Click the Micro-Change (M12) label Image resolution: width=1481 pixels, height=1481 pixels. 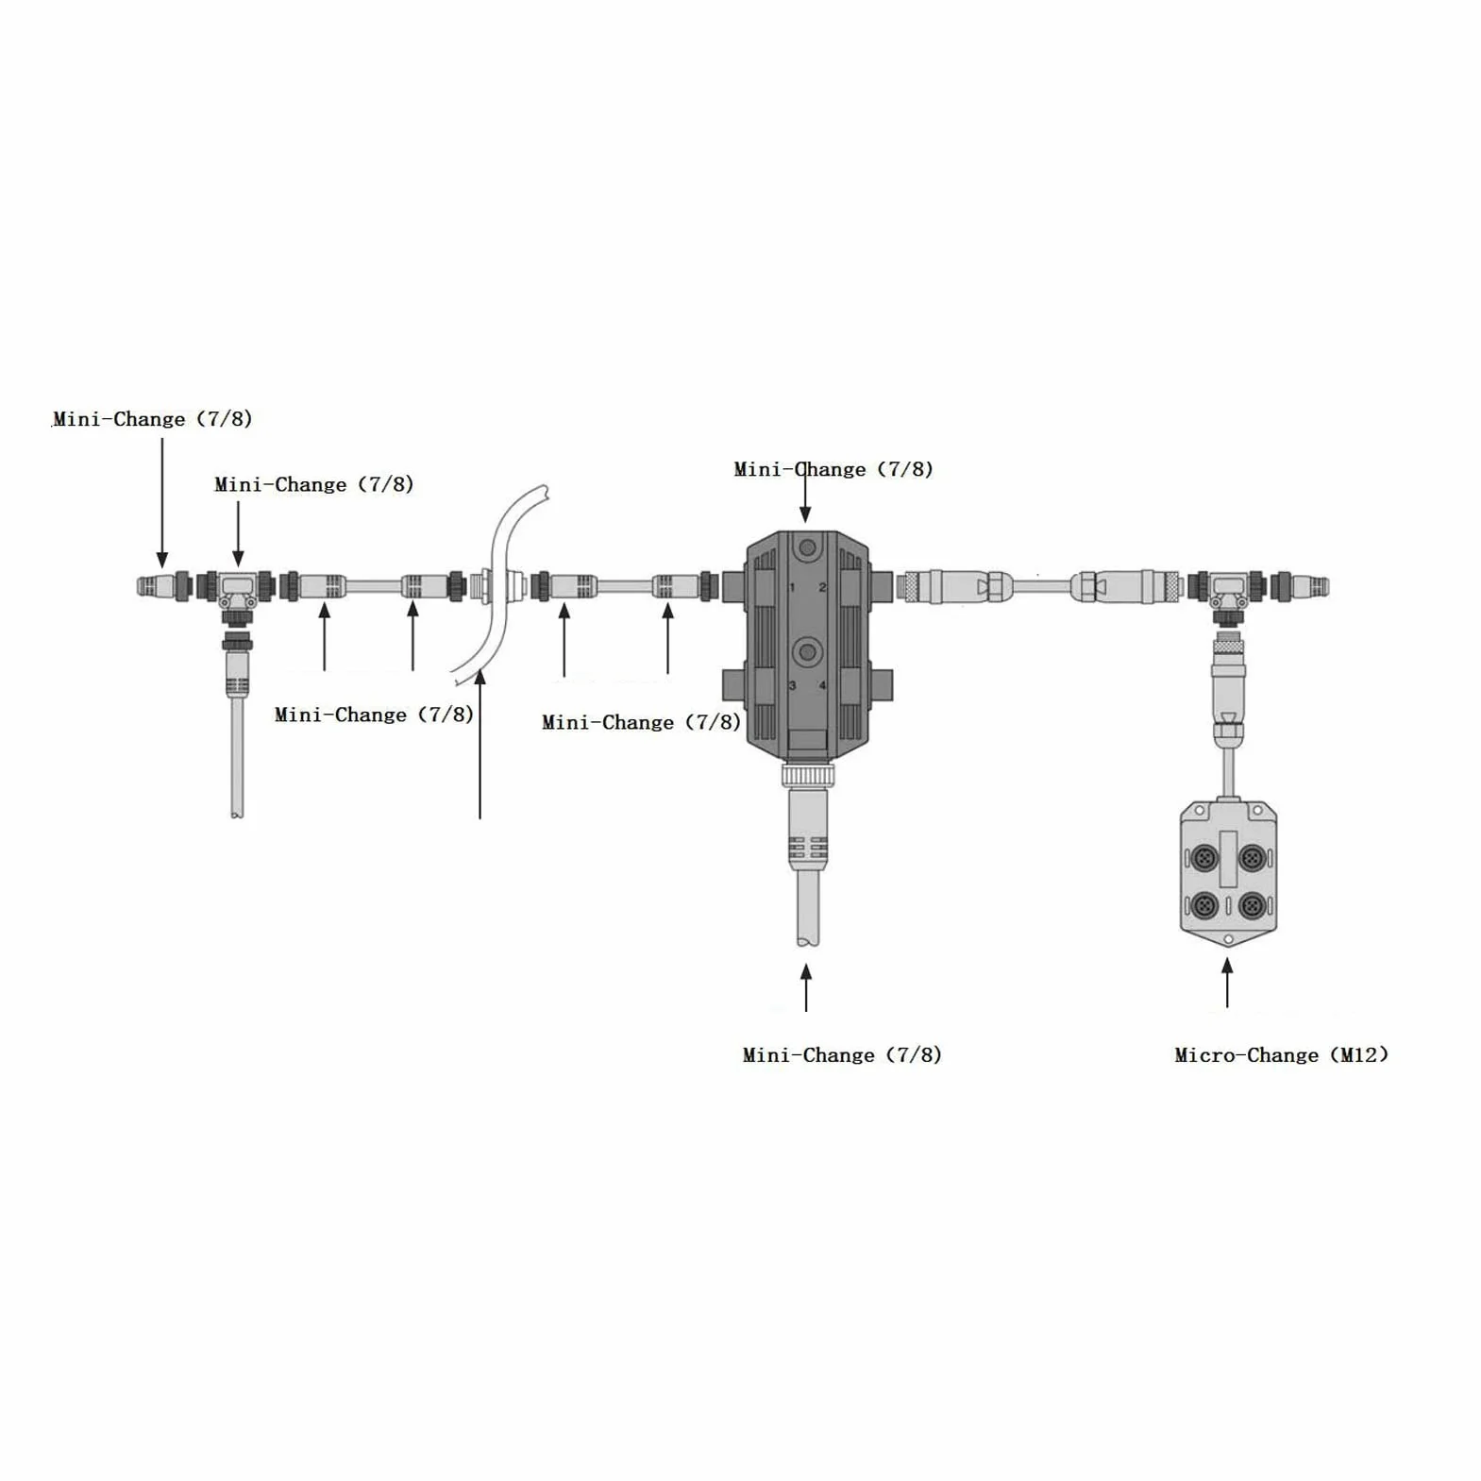coord(1281,1055)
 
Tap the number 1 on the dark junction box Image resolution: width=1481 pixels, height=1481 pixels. coord(792,587)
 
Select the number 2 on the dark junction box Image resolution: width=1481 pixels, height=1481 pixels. coord(822,587)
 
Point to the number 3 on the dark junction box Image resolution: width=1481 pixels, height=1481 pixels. coord(792,685)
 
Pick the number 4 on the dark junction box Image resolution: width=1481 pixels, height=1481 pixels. coord(822,685)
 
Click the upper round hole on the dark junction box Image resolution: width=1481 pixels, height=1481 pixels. coord(806,547)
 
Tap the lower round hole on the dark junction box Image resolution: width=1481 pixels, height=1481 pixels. coord(806,650)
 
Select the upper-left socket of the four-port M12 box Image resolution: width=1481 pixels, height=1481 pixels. coord(1203,859)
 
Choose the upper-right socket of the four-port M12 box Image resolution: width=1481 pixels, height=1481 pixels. coord(1252,859)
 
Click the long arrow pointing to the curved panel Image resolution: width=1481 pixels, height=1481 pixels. coord(480,744)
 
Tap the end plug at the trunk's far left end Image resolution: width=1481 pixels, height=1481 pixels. coord(154,586)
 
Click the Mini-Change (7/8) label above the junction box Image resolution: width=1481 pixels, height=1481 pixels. coord(833,469)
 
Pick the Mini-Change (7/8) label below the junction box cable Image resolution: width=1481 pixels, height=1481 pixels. coord(842,1055)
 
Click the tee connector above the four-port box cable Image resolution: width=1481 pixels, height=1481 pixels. coord(1228,595)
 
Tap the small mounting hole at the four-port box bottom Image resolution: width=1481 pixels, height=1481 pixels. coord(1228,939)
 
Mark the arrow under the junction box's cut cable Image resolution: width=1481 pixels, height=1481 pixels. coord(806,987)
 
